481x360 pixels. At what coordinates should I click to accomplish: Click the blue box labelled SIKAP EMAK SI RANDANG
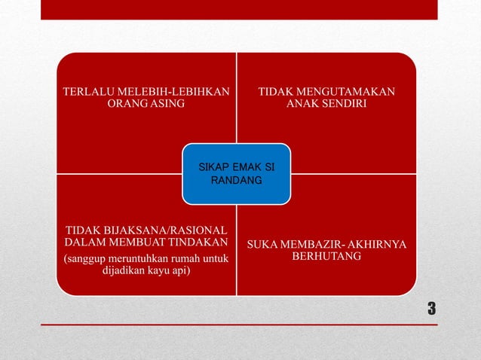click(236, 174)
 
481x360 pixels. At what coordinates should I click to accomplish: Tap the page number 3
click(432, 308)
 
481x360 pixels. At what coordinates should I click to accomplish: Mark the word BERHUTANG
click(326, 258)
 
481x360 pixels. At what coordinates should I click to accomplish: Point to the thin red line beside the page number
click(226, 325)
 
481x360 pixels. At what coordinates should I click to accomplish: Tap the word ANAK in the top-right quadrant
click(301, 103)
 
